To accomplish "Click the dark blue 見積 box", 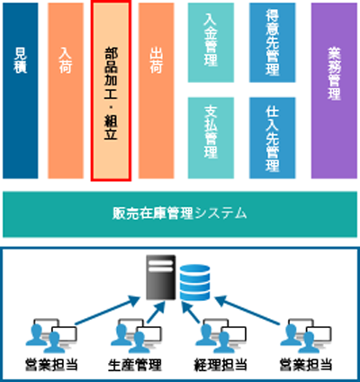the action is click(21, 91).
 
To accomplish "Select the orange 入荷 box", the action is click(66, 91).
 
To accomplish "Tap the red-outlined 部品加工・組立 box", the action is click(111, 90).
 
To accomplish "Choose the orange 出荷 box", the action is click(157, 91).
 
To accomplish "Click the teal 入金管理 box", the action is click(211, 42).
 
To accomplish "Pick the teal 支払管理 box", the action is click(211, 138).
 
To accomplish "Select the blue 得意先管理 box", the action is click(273, 42).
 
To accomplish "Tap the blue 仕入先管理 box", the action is click(273, 138).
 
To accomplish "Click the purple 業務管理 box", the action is click(334, 91).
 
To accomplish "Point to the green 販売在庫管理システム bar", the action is click(180, 214).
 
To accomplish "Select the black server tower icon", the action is click(161, 277).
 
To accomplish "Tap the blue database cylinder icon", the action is click(194, 282).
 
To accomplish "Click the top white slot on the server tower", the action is click(161, 262).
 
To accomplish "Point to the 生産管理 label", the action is click(135, 365).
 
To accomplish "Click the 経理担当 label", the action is click(220, 365).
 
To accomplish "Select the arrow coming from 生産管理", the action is click(157, 312).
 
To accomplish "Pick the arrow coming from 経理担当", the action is click(191, 312).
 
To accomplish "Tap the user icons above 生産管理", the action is click(136, 336).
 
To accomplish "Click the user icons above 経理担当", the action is click(220, 336).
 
